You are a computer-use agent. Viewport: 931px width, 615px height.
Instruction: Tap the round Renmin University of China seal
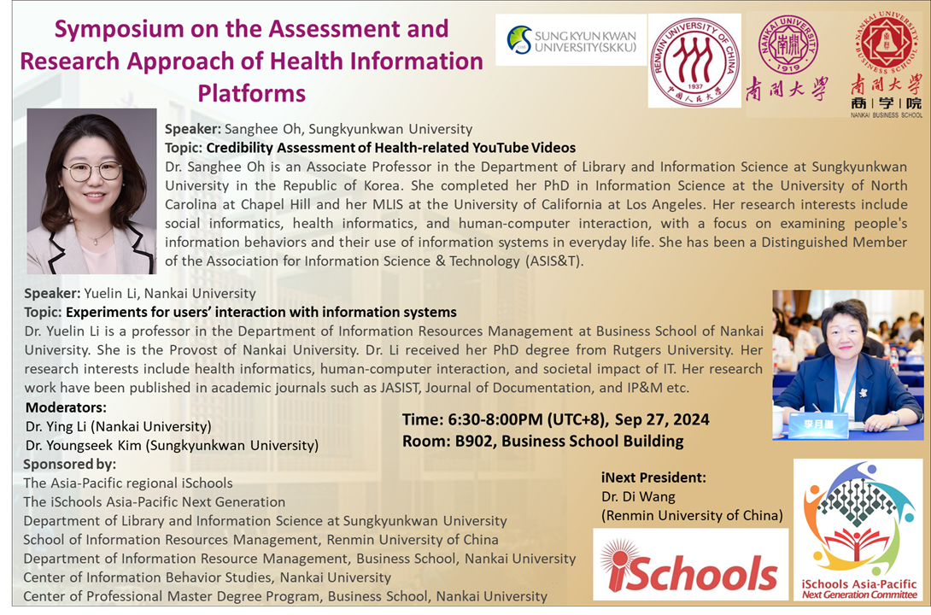click(694, 61)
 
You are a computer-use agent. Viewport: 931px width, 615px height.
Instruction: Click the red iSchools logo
click(690, 564)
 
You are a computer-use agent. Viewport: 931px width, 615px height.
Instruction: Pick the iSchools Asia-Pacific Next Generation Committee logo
click(859, 530)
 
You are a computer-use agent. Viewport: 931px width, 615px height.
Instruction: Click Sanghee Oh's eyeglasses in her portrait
click(91, 171)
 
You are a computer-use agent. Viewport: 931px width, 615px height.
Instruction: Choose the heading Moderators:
click(66, 407)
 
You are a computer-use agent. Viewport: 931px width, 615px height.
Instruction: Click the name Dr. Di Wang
click(638, 496)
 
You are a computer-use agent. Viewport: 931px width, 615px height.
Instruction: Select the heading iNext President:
click(653, 477)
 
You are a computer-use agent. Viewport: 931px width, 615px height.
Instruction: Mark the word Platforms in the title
click(251, 92)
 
